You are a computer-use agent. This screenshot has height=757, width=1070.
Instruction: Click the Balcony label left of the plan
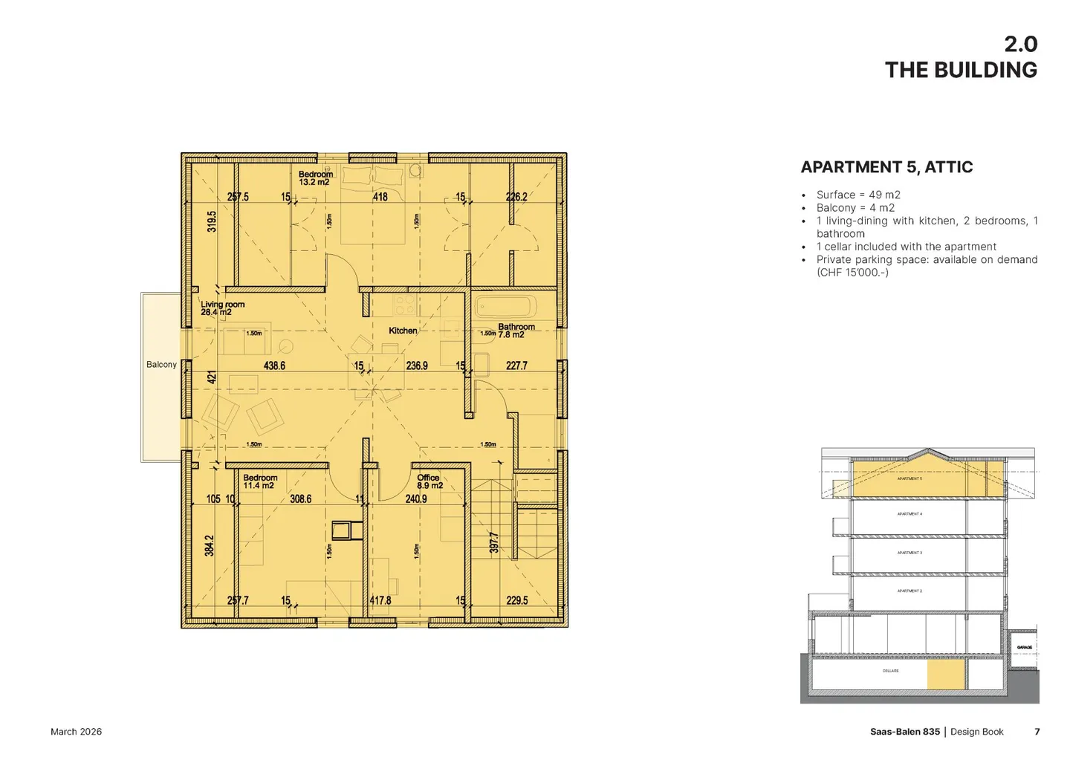point(161,365)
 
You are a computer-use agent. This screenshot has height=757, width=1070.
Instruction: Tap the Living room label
point(222,308)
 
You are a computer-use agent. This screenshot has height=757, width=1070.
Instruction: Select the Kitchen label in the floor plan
point(403,331)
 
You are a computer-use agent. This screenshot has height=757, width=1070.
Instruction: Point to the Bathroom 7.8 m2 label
point(516,331)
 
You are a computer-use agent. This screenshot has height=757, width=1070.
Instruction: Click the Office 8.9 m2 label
point(429,481)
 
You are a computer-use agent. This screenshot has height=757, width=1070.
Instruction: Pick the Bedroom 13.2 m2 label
point(315,178)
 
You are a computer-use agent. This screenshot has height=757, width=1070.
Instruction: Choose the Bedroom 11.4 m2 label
point(259,481)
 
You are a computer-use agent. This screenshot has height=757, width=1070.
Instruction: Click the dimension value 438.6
point(274,365)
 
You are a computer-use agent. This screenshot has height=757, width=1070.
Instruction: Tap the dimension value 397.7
point(494,542)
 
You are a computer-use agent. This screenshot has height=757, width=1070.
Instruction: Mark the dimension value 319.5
point(212,221)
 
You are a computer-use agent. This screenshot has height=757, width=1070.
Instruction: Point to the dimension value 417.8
point(380,600)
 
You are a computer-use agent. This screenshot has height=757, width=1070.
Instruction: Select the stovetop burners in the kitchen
point(405,305)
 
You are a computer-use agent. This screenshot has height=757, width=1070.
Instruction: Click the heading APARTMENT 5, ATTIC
point(886,167)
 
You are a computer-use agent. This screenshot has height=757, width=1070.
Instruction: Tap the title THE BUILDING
point(961,70)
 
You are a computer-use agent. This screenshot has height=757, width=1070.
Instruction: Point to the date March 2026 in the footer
point(76,732)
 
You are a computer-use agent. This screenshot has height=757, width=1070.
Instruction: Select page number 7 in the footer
point(1037,732)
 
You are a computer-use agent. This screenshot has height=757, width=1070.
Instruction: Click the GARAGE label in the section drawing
point(1024,648)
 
